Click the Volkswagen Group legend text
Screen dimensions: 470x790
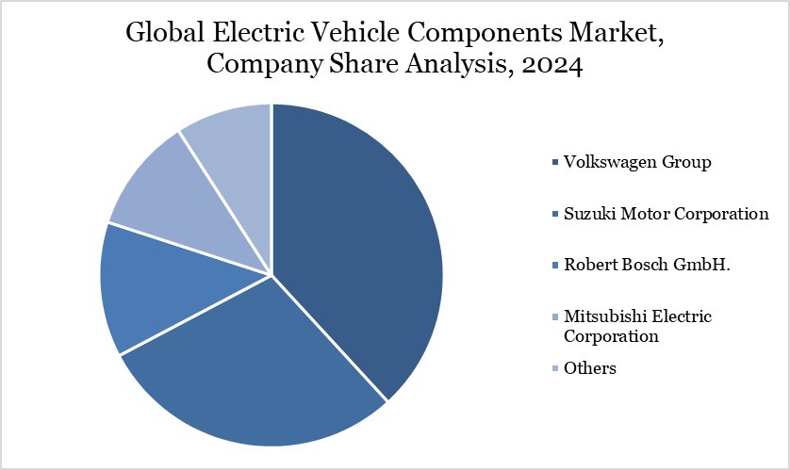click(637, 162)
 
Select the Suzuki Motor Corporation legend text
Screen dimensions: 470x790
click(666, 214)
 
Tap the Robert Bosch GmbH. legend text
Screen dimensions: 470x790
click(648, 265)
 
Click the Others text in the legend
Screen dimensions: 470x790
click(590, 368)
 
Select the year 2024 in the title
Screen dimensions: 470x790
click(553, 65)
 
